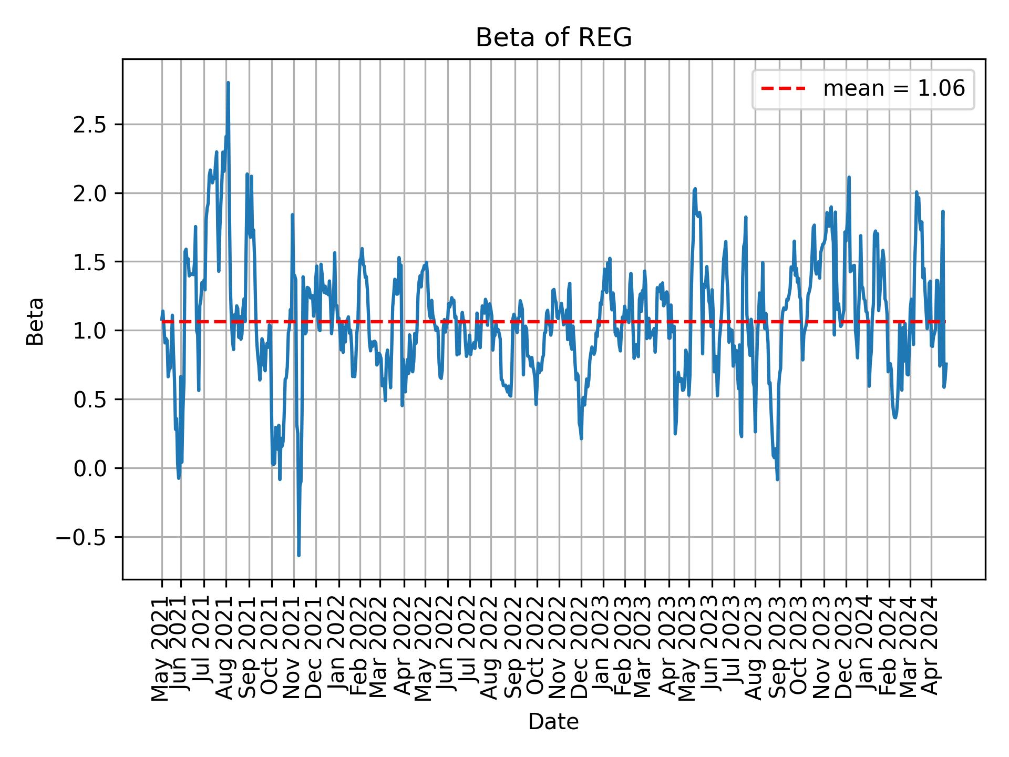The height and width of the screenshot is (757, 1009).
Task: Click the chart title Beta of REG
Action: (x=553, y=38)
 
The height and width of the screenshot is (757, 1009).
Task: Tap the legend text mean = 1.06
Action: (x=894, y=89)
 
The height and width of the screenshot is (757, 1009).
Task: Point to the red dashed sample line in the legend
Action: (x=783, y=89)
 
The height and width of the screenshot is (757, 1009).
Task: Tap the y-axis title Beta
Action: (x=35, y=321)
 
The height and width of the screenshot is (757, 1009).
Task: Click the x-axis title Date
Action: (x=553, y=722)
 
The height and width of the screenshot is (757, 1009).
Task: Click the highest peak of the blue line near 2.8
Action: (x=228, y=83)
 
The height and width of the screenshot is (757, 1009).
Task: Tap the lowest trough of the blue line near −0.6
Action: (x=298, y=555)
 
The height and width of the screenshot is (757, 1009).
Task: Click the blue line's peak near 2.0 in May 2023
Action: (x=695, y=189)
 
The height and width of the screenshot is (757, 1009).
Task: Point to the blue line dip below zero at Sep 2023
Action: (x=777, y=479)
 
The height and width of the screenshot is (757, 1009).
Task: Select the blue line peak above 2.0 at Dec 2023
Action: (x=849, y=178)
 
